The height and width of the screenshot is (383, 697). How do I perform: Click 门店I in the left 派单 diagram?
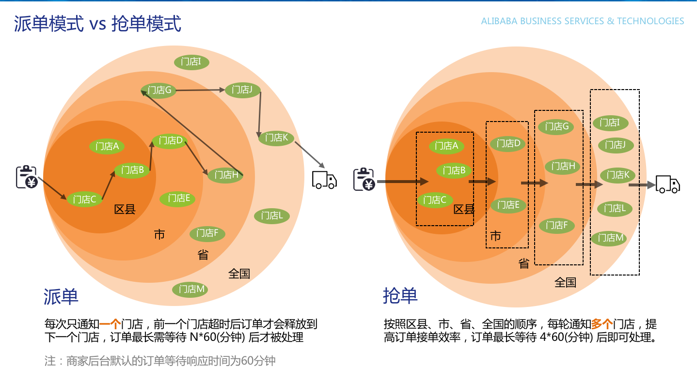(191, 62)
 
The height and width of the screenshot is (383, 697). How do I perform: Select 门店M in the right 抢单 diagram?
(608, 238)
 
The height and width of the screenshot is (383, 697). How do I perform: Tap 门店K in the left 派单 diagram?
(276, 138)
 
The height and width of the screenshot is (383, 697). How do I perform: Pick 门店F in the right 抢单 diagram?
(556, 225)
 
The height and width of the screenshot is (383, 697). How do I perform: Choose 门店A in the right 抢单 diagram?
(446, 146)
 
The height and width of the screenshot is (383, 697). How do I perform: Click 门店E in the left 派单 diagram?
(178, 198)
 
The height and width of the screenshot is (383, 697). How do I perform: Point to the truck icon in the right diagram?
(667, 184)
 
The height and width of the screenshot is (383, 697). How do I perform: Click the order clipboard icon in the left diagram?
(27, 177)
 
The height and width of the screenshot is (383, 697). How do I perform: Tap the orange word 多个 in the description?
(602, 323)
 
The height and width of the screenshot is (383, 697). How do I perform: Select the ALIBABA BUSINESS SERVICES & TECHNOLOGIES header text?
(582, 21)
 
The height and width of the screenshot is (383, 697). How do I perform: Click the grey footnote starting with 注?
(160, 361)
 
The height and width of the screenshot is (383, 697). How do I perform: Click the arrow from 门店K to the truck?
(309, 154)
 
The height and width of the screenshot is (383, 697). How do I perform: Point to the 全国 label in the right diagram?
(565, 282)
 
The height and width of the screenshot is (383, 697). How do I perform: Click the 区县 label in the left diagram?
(125, 210)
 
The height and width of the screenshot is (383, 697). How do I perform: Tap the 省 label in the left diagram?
(203, 255)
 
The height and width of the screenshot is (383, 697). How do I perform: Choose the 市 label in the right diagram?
(495, 236)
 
